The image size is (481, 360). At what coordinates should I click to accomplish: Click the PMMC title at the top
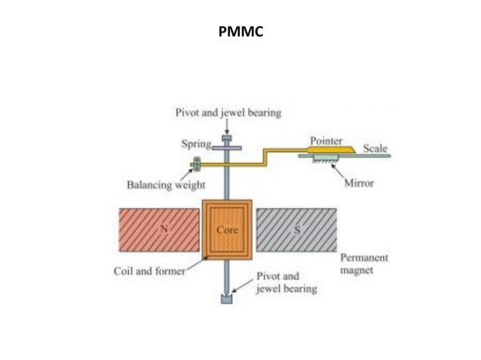pos(240,32)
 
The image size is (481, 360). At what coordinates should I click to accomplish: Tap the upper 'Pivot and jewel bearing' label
pos(228,113)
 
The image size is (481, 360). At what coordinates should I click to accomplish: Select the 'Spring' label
pos(196,143)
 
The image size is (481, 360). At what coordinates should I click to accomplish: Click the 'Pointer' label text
pos(326,141)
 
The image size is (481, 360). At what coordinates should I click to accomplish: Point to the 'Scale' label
pos(375,148)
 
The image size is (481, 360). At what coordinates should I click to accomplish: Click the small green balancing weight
pos(196,163)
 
